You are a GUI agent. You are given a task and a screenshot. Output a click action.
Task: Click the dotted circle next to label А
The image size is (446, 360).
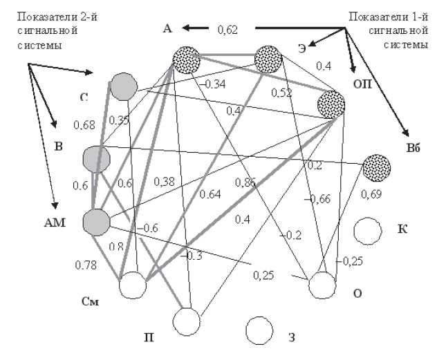point(186,59)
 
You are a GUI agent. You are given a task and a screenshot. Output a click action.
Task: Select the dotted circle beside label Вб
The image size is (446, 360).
point(377,167)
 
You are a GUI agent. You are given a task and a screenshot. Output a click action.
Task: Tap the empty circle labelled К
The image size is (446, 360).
point(367,231)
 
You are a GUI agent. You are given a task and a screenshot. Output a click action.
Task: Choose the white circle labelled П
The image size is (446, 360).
point(186,321)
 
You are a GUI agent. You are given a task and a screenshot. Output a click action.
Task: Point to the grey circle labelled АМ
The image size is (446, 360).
point(96,222)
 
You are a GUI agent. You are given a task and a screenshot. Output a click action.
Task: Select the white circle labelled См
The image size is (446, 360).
point(133,285)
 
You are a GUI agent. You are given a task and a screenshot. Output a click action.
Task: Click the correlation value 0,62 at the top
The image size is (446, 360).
point(227,29)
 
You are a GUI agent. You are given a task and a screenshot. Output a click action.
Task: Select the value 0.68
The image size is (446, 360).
point(84,125)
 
